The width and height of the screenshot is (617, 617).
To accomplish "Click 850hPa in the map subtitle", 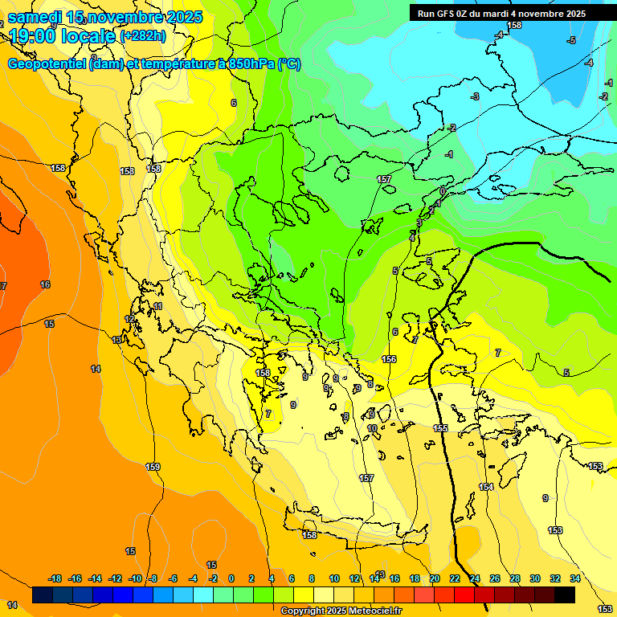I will pyautogui.click(x=249, y=64).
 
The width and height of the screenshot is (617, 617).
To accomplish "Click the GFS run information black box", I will pyautogui.click(x=501, y=14).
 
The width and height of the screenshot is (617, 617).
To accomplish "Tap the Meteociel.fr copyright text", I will pyautogui.click(x=341, y=611).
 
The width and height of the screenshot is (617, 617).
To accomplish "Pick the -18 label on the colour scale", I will pyautogui.click(x=55, y=578).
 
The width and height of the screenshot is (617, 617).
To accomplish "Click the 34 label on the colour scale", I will pyautogui.click(x=575, y=578).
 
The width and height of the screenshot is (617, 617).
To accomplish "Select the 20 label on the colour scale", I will pyautogui.click(x=435, y=578).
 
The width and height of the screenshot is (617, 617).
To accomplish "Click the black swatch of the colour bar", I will pyautogui.click(x=565, y=595).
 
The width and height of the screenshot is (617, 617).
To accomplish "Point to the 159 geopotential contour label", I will pyautogui.click(x=153, y=467).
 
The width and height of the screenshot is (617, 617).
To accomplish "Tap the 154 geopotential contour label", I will pyautogui.click(x=486, y=488).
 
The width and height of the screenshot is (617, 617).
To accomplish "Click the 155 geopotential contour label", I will pyautogui.click(x=440, y=428).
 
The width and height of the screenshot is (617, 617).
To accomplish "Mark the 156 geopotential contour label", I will pyautogui.click(x=389, y=359).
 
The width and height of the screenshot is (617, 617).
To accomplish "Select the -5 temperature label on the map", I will pyautogui.click(x=571, y=40).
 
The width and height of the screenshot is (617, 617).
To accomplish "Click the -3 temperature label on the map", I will pyautogui.click(x=475, y=96).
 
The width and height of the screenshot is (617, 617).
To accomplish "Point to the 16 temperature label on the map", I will pyautogui.click(x=45, y=284).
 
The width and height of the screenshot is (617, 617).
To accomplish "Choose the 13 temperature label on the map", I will pyautogui.click(x=116, y=341).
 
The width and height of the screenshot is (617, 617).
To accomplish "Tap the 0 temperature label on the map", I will pyautogui.click(x=442, y=191).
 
